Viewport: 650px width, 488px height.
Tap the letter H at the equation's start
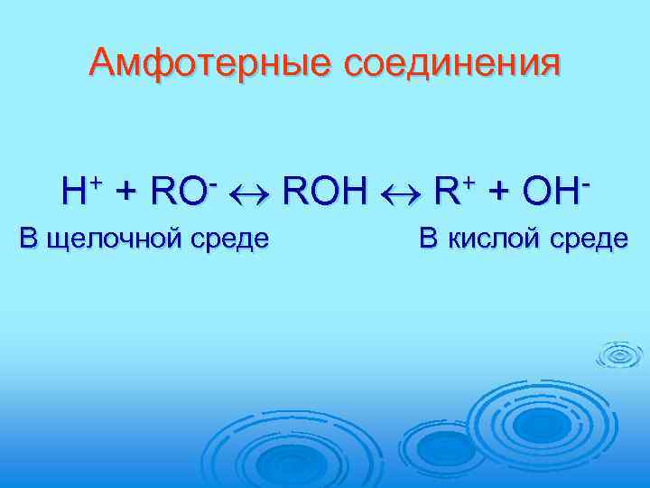pos(74,192)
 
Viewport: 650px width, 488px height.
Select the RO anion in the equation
pos(180,192)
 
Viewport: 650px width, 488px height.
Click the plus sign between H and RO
pos(127,192)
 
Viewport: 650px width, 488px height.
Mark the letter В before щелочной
pos(29,239)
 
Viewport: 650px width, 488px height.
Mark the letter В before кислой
pos(428,239)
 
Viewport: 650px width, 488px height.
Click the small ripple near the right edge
pos(620,358)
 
